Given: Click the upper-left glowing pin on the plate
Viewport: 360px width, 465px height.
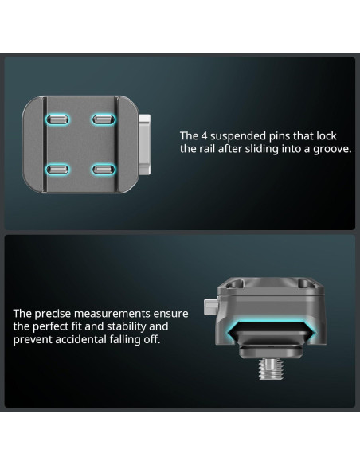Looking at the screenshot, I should (57, 120).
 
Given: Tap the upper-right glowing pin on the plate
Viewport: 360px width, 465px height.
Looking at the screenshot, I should (101, 120).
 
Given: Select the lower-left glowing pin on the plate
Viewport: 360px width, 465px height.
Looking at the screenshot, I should (57, 169).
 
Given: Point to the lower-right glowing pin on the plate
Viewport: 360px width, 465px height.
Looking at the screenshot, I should (101, 169).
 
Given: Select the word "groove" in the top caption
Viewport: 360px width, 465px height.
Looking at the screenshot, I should (330, 149).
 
